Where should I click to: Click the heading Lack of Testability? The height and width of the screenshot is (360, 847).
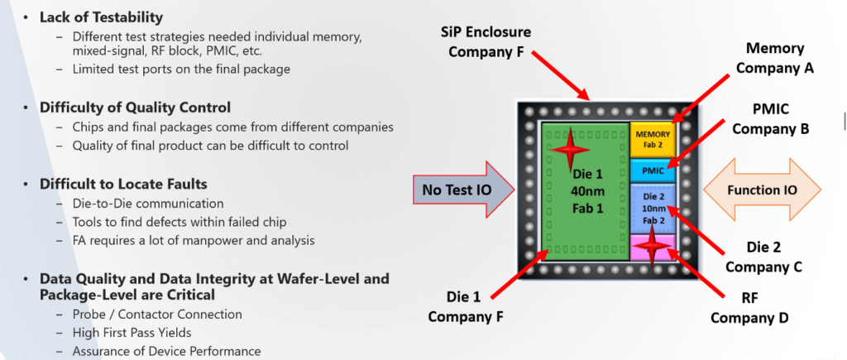[x=101, y=17]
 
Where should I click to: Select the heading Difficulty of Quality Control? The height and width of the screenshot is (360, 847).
[x=135, y=108]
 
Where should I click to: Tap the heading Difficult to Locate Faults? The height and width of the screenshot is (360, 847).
[x=123, y=183]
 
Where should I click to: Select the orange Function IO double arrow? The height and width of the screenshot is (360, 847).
[x=763, y=190]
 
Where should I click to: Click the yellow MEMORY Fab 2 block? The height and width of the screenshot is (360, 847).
[x=653, y=139]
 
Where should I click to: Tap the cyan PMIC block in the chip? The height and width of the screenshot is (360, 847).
[x=653, y=171]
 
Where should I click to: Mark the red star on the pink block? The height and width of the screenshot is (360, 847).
[x=653, y=245]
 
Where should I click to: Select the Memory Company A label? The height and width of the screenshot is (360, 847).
[x=774, y=59]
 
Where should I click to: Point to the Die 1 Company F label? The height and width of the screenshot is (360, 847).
[x=462, y=305]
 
